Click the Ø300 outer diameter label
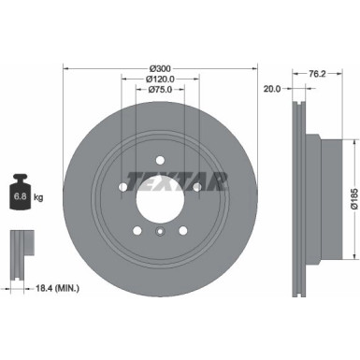160,68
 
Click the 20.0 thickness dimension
272,91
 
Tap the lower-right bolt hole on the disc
183,230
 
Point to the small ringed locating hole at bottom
160,235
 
